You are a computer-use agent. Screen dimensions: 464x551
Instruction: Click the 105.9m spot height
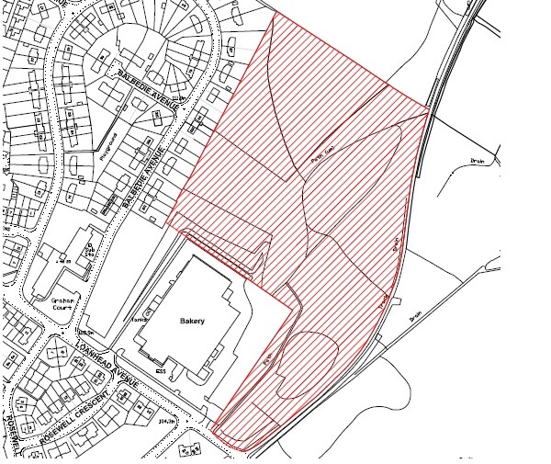click(x=87, y=332)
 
